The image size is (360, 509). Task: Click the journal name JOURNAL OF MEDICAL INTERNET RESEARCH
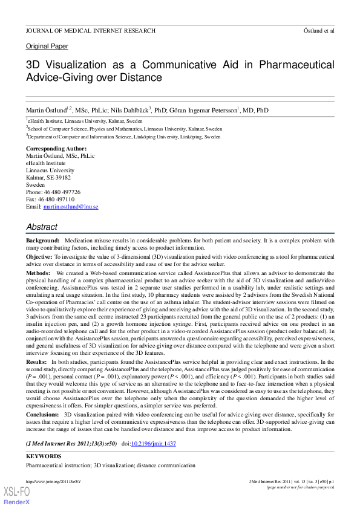(91, 30)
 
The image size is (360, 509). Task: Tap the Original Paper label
(47, 47)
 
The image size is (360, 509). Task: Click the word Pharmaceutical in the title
(293, 65)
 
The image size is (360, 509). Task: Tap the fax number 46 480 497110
(57, 199)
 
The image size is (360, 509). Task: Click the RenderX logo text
(17, 502)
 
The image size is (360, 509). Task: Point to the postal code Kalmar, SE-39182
(48, 178)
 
